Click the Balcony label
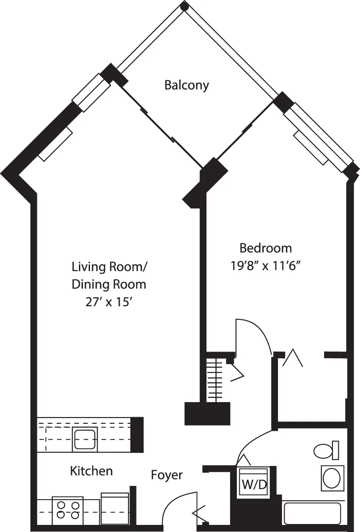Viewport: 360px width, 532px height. (186, 85)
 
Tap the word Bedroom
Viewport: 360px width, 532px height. (266, 248)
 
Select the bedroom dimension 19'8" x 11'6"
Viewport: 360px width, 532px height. (266, 266)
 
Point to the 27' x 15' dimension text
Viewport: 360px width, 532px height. (109, 302)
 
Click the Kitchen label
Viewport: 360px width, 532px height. (91, 471)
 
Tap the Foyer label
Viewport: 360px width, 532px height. (167, 475)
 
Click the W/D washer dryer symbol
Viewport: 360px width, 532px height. (254, 484)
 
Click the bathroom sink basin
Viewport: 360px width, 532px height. (332, 478)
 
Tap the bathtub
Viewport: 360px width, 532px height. (312, 513)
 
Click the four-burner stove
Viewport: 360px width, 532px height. (68, 510)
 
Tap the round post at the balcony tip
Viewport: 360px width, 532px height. (185, 6)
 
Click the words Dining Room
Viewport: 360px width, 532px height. (109, 285)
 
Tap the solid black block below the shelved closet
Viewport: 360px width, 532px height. (207, 414)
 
